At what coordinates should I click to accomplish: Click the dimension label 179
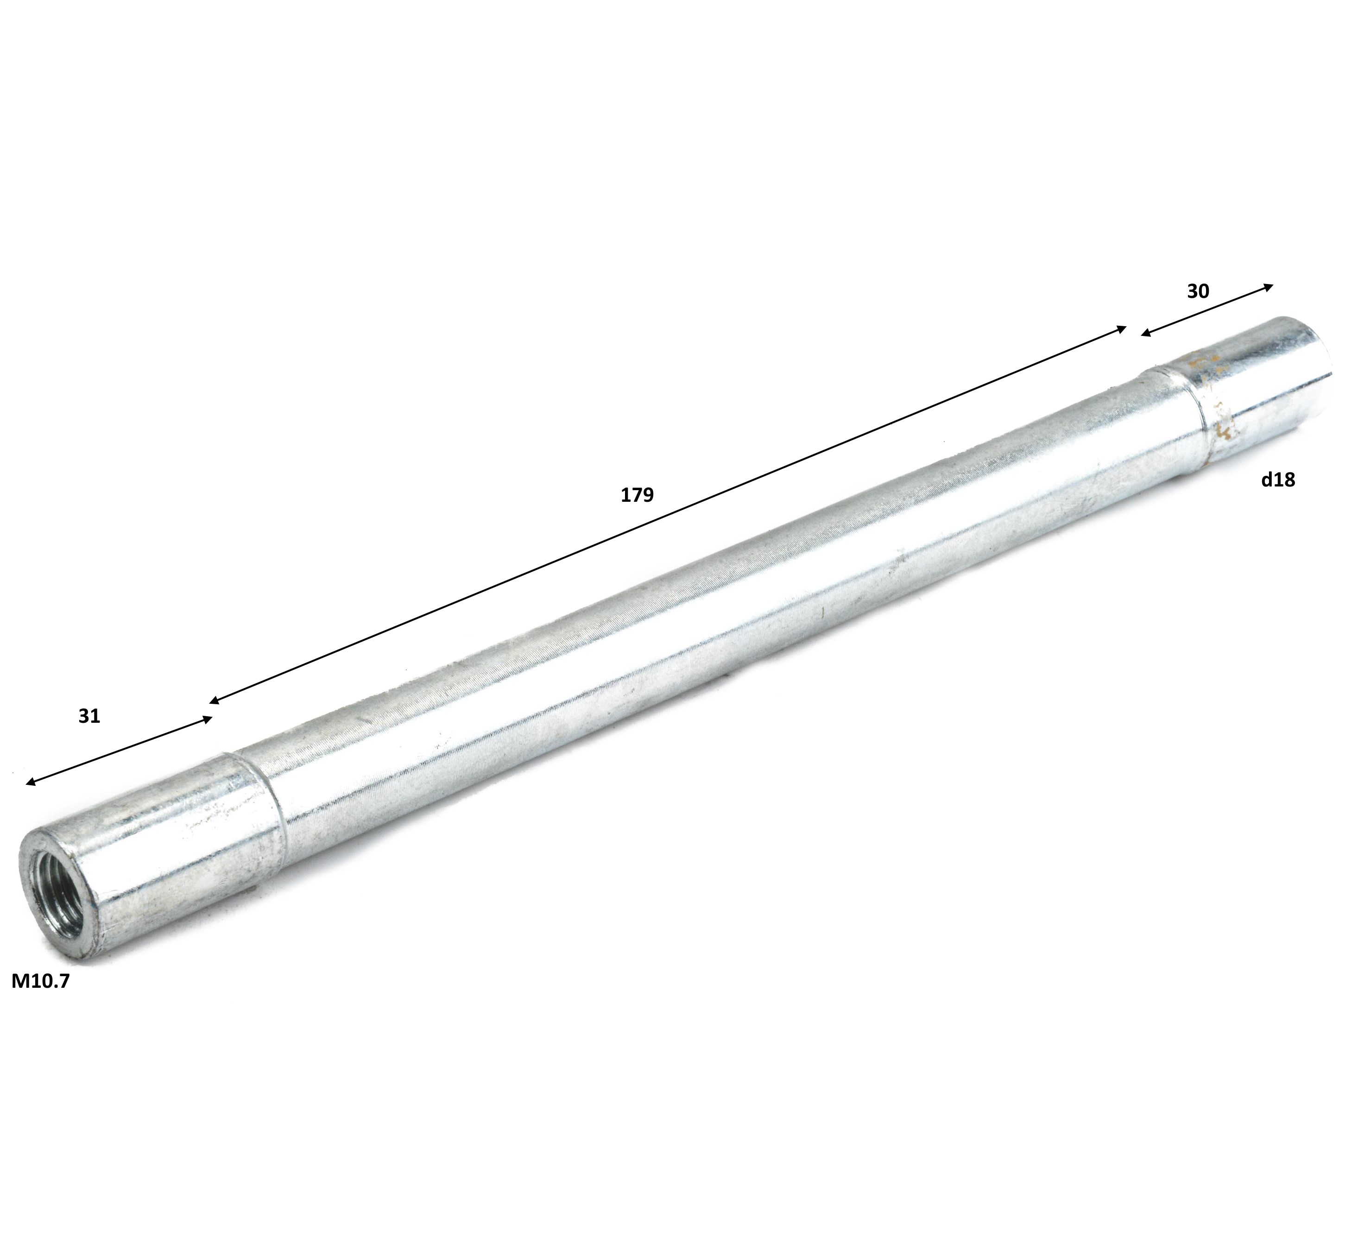point(638,495)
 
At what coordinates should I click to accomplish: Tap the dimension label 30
point(1198,292)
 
